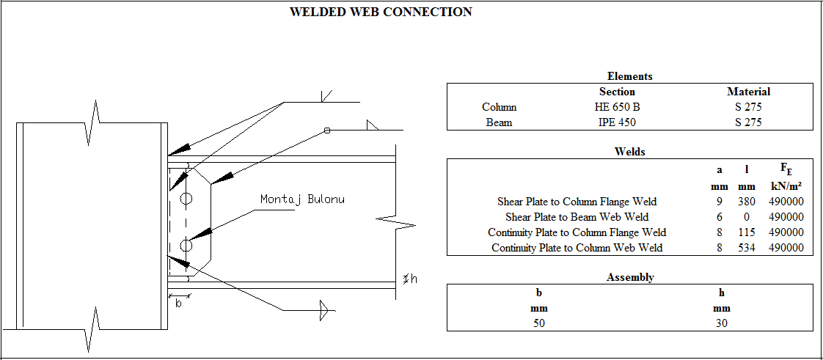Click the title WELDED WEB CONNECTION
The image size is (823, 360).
(x=381, y=12)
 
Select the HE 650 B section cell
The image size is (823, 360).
(x=616, y=107)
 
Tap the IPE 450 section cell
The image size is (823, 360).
(x=616, y=122)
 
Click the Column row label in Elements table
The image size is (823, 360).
(x=499, y=107)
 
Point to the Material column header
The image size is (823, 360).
(x=748, y=92)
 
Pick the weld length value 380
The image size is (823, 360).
(x=747, y=202)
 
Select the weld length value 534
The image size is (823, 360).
(x=747, y=248)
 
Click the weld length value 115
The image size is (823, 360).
(x=747, y=232)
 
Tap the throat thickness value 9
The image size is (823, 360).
(x=720, y=202)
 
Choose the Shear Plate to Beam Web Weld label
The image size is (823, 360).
(x=577, y=217)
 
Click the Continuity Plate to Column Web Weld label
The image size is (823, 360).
(x=577, y=248)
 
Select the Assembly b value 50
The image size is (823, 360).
(x=538, y=323)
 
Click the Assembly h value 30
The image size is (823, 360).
(x=721, y=323)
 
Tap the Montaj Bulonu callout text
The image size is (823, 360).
(x=302, y=199)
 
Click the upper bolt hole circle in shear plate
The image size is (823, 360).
(x=186, y=199)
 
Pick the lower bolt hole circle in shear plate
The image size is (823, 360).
(x=186, y=246)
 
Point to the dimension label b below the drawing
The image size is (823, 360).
(x=178, y=304)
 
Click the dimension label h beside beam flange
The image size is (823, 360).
(x=414, y=279)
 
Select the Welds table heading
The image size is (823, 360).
(x=629, y=152)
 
